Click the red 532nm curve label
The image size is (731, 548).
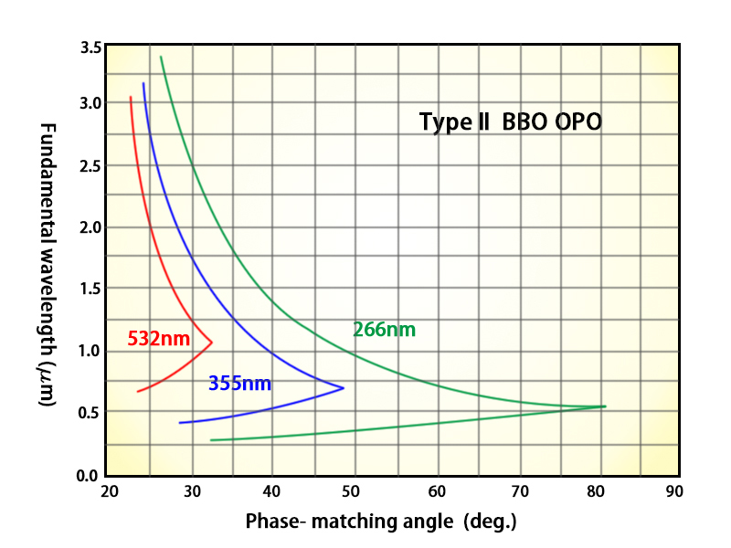click(x=159, y=339)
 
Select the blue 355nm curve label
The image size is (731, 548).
click(x=239, y=384)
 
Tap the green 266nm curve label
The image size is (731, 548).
click(x=385, y=330)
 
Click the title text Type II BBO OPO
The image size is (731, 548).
click(x=511, y=122)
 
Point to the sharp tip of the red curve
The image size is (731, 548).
click(x=212, y=342)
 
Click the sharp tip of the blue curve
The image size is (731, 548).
click(x=344, y=388)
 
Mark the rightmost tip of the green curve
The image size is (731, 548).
click(x=605, y=406)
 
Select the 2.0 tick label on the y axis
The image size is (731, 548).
click(x=89, y=227)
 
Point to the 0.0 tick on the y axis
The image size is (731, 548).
click(x=89, y=475)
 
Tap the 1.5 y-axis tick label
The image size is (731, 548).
click(x=89, y=289)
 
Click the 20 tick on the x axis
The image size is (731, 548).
click(x=109, y=491)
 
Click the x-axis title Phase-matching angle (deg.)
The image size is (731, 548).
click(x=381, y=522)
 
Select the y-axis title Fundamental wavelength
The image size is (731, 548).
click(x=48, y=265)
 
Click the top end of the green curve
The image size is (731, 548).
click(x=161, y=57)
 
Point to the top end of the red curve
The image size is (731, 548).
click(x=131, y=97)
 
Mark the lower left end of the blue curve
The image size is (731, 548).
click(x=180, y=423)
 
